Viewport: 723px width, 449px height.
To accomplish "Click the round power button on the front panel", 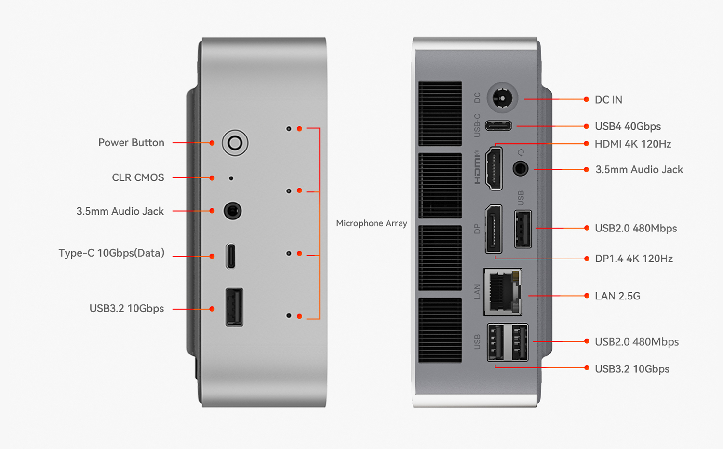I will click(x=235, y=143).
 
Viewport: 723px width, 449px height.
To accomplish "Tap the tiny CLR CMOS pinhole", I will click(x=231, y=178).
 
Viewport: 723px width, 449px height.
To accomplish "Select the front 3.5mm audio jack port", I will click(x=232, y=211).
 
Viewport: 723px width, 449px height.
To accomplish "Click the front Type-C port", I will click(x=231, y=256).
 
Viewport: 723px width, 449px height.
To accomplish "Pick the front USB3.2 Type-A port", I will click(x=234, y=308).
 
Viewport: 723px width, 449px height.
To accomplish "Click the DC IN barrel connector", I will click(x=502, y=99).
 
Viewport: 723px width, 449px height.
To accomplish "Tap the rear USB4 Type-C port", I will click(x=498, y=126).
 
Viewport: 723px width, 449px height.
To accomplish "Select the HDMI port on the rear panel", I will click(x=493, y=169).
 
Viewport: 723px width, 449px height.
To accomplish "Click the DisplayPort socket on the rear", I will click(x=493, y=229).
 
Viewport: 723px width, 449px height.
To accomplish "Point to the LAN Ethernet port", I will click(x=503, y=292).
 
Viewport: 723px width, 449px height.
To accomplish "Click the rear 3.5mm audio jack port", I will click(x=520, y=169).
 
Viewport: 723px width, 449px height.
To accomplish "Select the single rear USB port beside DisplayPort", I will click(x=523, y=229).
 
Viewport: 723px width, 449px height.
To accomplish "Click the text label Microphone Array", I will click(x=372, y=223).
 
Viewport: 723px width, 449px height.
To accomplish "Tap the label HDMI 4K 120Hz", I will click(x=632, y=144).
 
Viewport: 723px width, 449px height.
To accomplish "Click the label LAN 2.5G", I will click(x=617, y=296).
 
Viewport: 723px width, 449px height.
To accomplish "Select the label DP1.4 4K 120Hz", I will click(x=633, y=259).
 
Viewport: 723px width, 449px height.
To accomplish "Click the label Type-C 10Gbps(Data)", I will click(x=111, y=253).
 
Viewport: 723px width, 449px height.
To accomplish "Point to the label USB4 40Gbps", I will click(x=628, y=126).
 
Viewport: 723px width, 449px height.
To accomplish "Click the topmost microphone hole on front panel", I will click(x=289, y=129).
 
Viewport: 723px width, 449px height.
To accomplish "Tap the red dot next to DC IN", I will click(x=586, y=99).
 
